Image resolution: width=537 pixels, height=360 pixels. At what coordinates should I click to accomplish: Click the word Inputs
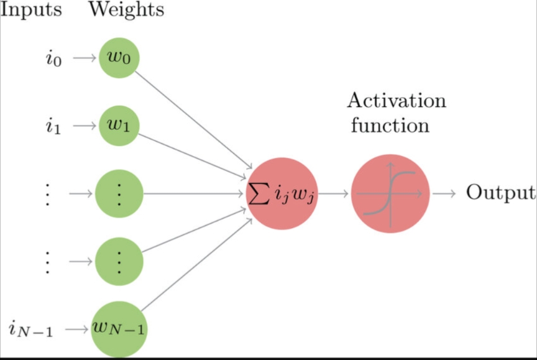tap(30, 10)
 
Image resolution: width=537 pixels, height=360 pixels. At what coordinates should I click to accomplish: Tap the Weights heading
tap(126, 10)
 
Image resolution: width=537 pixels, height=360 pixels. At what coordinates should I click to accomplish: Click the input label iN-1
tap(32, 329)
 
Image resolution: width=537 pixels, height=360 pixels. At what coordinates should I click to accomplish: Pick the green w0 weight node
tap(119, 58)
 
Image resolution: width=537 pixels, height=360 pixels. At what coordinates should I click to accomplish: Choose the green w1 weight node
tap(119, 126)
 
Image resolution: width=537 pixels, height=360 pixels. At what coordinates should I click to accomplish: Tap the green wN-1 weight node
tap(119, 328)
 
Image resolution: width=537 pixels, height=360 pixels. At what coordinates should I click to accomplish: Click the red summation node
tap(282, 193)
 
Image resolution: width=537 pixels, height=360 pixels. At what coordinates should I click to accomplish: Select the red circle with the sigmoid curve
tap(390, 193)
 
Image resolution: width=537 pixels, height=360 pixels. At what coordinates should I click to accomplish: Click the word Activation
tap(397, 100)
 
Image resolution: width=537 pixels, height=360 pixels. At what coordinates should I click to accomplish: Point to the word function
tap(390, 126)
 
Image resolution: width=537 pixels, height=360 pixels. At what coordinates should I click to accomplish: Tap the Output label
tap(500, 193)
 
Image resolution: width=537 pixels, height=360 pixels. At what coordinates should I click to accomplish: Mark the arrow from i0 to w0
tap(85, 58)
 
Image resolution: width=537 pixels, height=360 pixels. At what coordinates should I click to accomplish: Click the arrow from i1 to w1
tap(85, 126)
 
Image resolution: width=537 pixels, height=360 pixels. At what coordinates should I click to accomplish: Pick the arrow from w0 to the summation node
tap(193, 118)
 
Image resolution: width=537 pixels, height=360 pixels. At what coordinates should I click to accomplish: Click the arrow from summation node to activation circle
tap(334, 193)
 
